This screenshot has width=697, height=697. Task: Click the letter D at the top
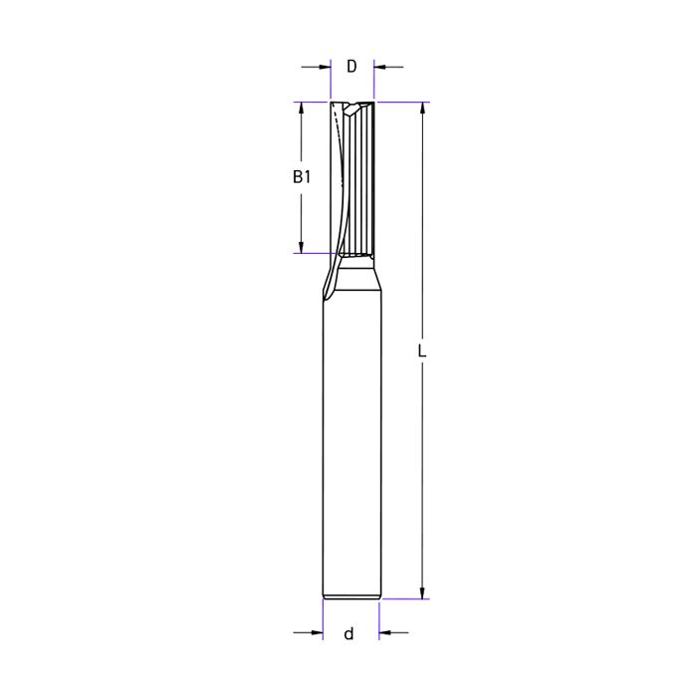click(351, 67)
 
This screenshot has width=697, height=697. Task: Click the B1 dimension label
click(302, 177)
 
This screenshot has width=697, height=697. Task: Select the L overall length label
click(422, 351)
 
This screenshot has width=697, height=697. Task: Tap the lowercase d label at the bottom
click(348, 633)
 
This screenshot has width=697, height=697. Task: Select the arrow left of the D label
click(322, 67)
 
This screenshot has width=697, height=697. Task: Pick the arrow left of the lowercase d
click(316, 632)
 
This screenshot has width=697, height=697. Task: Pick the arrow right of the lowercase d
click(386, 632)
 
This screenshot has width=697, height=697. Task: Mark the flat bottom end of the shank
click(351, 597)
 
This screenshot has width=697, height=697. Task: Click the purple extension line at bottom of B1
click(311, 253)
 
